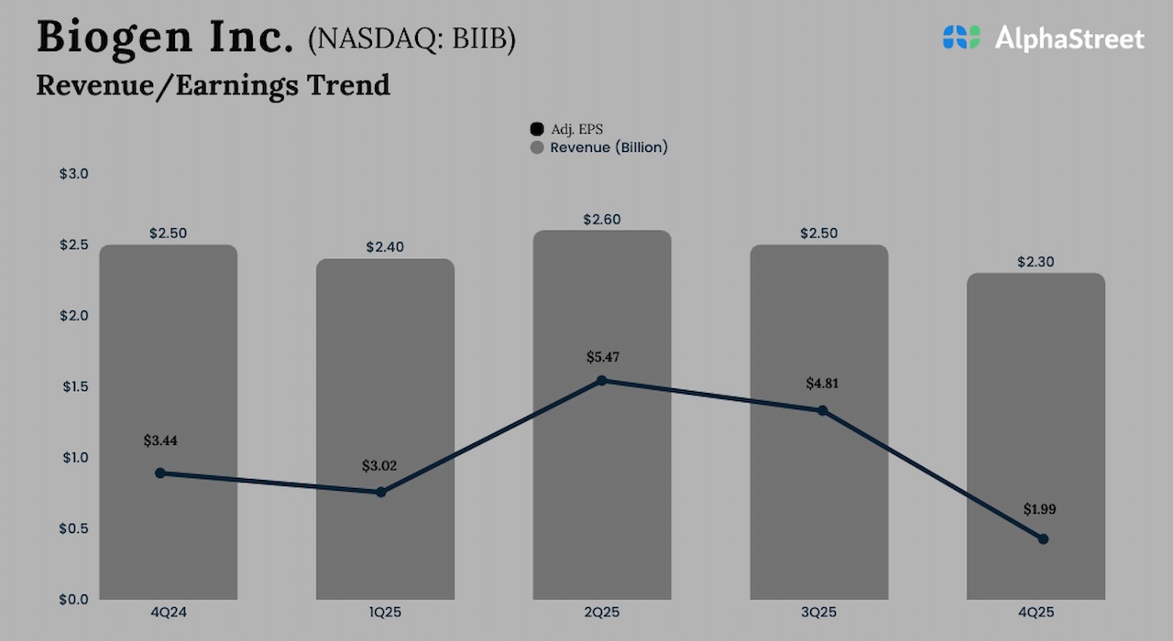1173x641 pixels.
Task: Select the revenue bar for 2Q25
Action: [x=602, y=302]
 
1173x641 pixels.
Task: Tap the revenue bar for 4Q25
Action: [x=1036, y=412]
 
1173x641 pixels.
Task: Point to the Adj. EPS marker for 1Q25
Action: [x=381, y=493]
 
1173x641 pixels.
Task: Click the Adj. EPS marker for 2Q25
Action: [x=601, y=380]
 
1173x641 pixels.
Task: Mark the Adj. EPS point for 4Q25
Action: [x=1043, y=539]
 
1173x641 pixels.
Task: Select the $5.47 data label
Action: [x=602, y=357]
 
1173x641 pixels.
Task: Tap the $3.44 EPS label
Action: [x=160, y=440]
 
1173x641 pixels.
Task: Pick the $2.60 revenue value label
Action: [x=602, y=220]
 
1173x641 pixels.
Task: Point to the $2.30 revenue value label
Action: [x=1036, y=262]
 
